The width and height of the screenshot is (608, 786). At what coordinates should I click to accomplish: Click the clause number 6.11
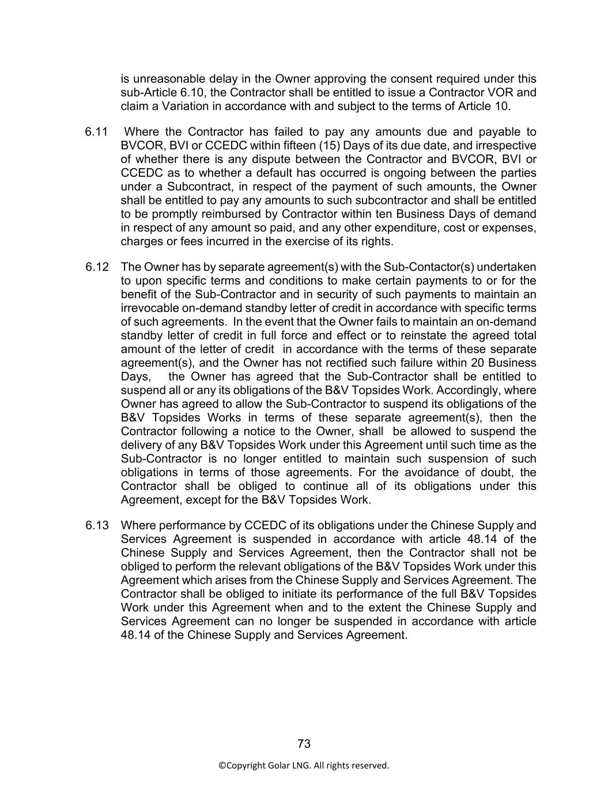[96, 132]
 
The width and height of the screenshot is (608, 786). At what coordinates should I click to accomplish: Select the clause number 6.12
[97, 267]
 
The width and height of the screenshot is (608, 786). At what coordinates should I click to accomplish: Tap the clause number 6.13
[97, 526]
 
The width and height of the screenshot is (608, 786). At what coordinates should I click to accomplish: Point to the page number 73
[304, 744]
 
